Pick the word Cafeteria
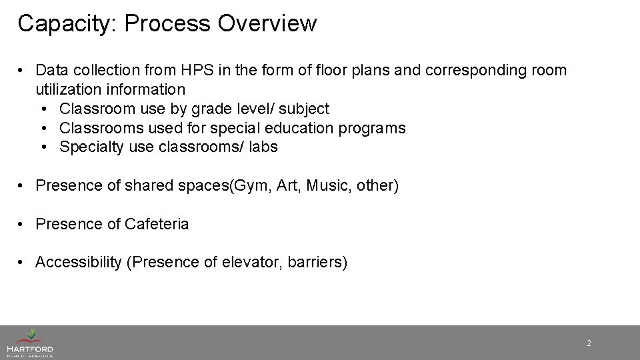pos(157,224)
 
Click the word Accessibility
pos(77,263)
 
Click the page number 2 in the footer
pos(589,343)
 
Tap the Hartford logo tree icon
pos(30,335)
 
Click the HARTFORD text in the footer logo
pos(29,349)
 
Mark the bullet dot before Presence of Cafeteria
pos(23,225)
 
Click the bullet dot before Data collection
pos(23,71)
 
